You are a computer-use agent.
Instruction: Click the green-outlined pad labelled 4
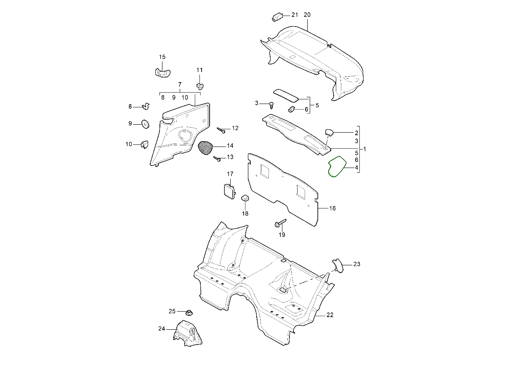[337, 167]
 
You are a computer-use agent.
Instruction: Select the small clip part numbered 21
[276, 16]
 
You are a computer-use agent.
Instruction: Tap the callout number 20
[307, 15]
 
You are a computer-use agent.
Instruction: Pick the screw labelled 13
[218, 159]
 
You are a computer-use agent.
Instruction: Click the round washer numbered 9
[146, 123]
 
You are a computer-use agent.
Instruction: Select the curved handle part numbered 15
[162, 72]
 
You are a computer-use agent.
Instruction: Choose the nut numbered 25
[189, 312]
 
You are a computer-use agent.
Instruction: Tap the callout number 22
[330, 315]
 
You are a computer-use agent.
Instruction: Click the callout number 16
[332, 208]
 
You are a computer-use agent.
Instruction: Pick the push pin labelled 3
[272, 104]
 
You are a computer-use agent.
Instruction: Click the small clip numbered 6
[292, 109]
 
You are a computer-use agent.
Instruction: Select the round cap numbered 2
[329, 133]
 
